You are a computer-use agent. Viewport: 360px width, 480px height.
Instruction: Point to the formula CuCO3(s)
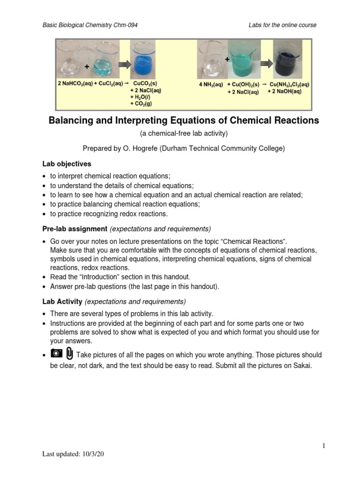145,83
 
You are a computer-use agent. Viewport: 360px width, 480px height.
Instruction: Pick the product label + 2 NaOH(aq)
284,91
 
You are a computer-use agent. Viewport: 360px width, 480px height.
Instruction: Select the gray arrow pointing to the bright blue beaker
120,62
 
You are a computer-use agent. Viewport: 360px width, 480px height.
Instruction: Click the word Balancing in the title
74,120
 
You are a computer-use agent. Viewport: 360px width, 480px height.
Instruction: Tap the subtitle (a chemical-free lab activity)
184,134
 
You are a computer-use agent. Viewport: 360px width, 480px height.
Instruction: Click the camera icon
56,353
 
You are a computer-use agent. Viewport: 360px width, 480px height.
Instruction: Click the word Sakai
300,366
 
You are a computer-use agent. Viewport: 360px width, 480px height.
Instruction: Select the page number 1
323,446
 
